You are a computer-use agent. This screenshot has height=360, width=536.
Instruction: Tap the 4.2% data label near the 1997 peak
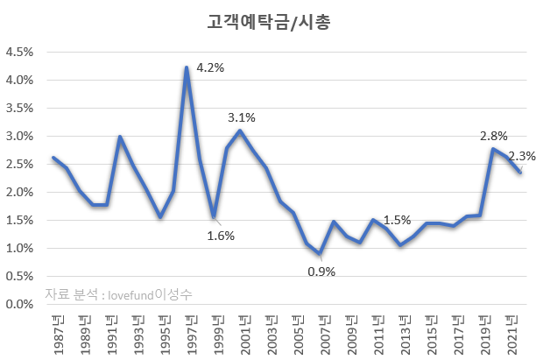click(x=210, y=67)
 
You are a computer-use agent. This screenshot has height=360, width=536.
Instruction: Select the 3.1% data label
click(x=242, y=117)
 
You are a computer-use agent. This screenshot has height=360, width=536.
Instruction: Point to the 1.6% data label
click(x=221, y=235)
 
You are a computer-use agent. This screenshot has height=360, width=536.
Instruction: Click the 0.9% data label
click(x=321, y=272)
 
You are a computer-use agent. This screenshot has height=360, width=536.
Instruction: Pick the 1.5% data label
click(x=398, y=220)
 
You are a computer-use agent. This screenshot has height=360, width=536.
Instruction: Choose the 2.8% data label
click(x=494, y=136)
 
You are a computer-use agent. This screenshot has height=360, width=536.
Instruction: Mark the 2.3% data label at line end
click(x=523, y=156)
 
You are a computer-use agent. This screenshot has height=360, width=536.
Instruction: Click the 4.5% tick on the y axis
click(x=19, y=52)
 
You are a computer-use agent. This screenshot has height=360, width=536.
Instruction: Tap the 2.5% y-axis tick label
click(x=19, y=164)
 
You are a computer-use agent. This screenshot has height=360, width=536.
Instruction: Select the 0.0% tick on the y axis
click(x=19, y=304)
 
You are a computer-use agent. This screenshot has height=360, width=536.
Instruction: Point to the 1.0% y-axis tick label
click(x=19, y=248)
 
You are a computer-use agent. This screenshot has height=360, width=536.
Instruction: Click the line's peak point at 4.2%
click(x=187, y=67)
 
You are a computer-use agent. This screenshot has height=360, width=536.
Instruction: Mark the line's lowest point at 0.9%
click(x=321, y=254)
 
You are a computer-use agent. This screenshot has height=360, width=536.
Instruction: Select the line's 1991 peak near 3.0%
click(x=120, y=137)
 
